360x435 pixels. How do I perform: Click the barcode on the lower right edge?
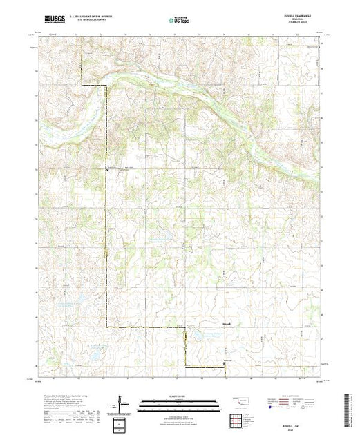coord(349,407)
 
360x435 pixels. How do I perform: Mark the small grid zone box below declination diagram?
coord(122,423)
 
